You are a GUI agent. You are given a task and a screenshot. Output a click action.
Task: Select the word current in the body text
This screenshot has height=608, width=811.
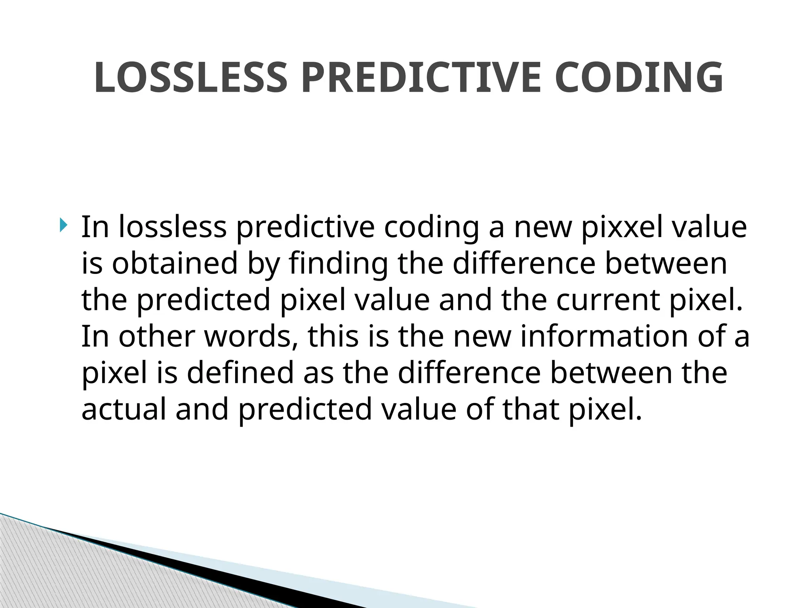tap(608, 300)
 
